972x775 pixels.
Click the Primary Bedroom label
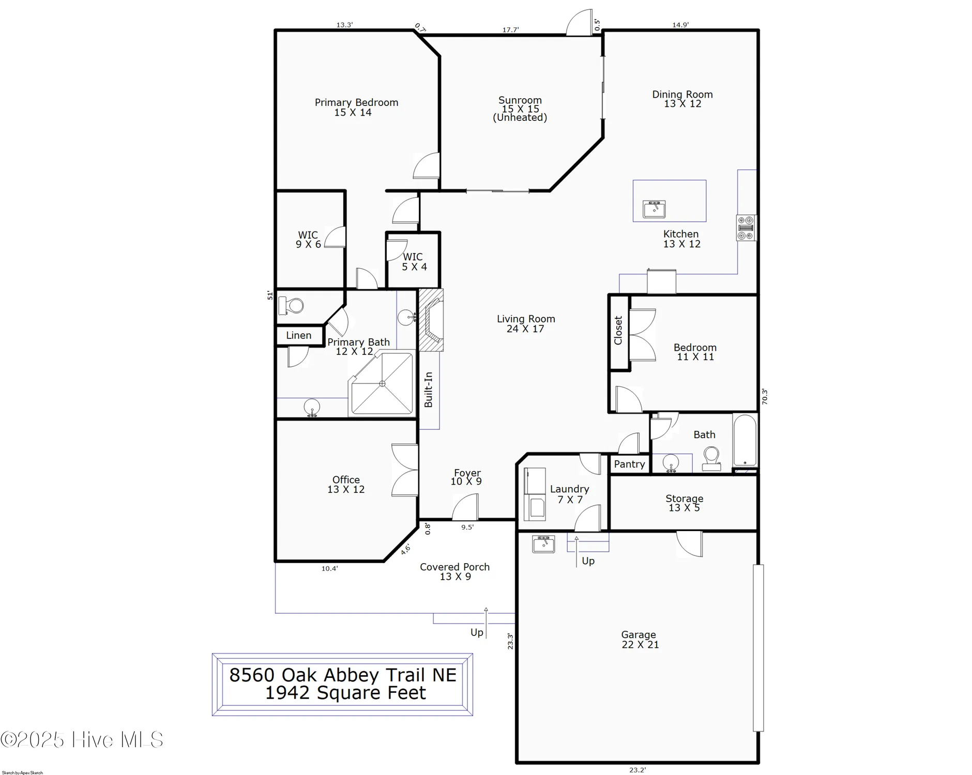(x=356, y=107)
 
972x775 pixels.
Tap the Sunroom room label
(x=520, y=109)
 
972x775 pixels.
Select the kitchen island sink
(x=654, y=209)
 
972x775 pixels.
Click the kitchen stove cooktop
(x=746, y=228)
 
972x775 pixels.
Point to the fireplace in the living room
(x=431, y=320)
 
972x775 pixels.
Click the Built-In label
(x=429, y=390)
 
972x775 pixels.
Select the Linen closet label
(x=299, y=335)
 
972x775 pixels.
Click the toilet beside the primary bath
(x=292, y=306)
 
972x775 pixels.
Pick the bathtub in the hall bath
(x=745, y=441)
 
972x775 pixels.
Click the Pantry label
(x=629, y=464)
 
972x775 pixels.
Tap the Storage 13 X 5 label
(x=684, y=503)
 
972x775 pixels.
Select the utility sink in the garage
(x=543, y=544)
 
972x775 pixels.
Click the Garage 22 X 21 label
(x=640, y=640)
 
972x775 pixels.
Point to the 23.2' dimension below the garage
(x=637, y=770)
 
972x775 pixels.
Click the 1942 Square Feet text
(x=345, y=693)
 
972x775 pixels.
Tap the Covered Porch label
(x=454, y=571)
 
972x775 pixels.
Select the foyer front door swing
(x=465, y=507)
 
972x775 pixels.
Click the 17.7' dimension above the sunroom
(x=510, y=30)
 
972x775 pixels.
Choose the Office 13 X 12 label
(x=346, y=485)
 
